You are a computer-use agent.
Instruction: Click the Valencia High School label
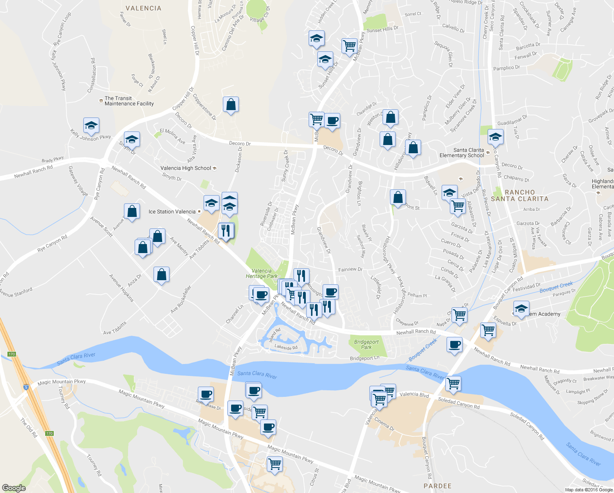pos(186,168)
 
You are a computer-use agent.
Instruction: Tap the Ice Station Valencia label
pos(172,212)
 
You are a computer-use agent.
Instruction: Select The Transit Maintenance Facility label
pos(129,101)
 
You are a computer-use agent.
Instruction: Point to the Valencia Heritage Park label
pos(261,274)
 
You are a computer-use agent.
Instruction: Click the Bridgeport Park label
pos(366,344)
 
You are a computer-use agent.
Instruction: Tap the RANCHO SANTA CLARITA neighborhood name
pos(520,196)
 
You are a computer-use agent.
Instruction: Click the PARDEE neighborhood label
pos(438,486)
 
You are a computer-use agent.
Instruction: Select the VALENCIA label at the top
pos(143,8)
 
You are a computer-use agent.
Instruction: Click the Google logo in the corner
pos(14,488)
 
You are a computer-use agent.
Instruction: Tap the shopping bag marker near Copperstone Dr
pos(231,105)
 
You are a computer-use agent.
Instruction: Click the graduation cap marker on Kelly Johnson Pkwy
pos(91,125)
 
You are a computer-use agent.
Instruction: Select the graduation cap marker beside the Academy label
pos(521,309)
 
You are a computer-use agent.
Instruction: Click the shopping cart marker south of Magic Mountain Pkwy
pos(275,464)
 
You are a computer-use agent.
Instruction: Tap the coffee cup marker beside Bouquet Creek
pos(454,344)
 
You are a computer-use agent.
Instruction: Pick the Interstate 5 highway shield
pos(26,387)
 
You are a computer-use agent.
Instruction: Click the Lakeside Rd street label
pos(286,348)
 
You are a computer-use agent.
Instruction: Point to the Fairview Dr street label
pos(350,270)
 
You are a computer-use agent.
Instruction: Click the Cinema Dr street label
pos(385,425)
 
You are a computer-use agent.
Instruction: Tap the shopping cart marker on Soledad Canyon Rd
pos(453,384)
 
